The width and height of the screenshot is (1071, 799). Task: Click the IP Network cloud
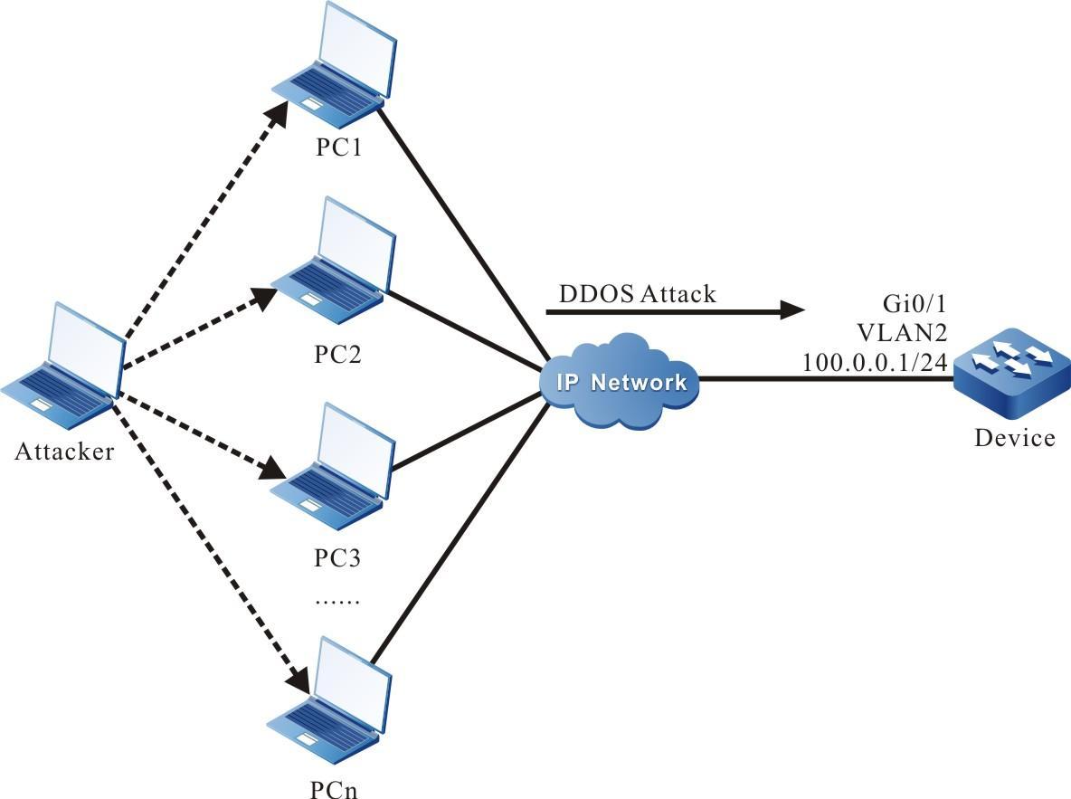tap(620, 382)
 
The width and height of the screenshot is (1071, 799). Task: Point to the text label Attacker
tap(65, 452)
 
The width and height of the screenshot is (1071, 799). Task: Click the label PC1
tap(338, 147)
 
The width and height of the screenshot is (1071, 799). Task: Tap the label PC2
tap(338, 353)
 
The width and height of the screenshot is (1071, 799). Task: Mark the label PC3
tap(338, 557)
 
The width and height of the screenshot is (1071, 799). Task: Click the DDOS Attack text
tap(638, 293)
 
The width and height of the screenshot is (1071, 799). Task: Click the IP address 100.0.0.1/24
tap(875, 362)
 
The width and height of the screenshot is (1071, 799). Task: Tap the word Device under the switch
tap(1014, 438)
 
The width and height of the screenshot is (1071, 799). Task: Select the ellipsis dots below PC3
tap(337, 600)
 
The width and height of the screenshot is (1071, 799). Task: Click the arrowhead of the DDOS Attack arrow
tap(792, 310)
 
